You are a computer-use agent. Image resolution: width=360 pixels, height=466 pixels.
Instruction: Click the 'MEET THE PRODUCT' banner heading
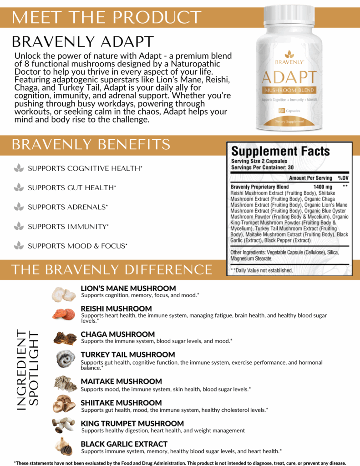coord(106,17)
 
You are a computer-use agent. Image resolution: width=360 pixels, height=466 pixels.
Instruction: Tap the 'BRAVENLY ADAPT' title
coord(83,41)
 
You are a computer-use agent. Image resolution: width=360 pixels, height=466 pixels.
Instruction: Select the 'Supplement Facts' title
coord(280,152)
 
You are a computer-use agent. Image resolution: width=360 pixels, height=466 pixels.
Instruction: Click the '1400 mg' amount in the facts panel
coord(323,187)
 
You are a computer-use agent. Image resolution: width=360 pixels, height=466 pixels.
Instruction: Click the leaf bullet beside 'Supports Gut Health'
coord(19,187)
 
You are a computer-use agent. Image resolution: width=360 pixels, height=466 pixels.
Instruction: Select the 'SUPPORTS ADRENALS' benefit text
coord(68,207)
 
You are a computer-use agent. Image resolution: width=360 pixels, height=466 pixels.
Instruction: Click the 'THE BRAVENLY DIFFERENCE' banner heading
coord(112,269)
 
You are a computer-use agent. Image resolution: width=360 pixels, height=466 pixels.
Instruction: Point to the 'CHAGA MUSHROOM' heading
coord(118,334)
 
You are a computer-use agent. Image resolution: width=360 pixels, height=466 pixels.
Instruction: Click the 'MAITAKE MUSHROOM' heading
coord(121,381)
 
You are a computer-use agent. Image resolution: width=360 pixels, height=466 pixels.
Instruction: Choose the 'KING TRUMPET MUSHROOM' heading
coord(132,423)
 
